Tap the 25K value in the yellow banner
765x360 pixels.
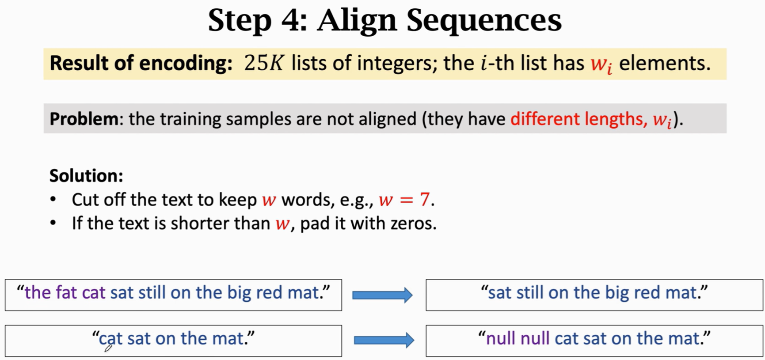point(264,63)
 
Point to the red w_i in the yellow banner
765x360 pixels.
point(601,64)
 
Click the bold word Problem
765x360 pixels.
point(84,119)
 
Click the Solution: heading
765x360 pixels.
point(86,176)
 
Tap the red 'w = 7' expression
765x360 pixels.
point(404,200)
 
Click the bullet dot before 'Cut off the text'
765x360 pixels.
point(53,200)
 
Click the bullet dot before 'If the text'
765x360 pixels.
point(53,223)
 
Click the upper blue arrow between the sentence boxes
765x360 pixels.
point(382,295)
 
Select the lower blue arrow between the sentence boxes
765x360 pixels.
point(384,340)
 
